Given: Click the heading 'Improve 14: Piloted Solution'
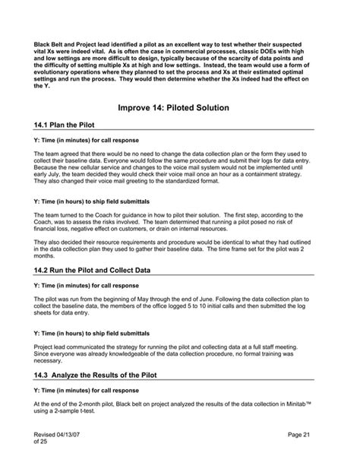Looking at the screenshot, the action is click(180, 109).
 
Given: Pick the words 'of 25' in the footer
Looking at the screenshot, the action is click(40, 441).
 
